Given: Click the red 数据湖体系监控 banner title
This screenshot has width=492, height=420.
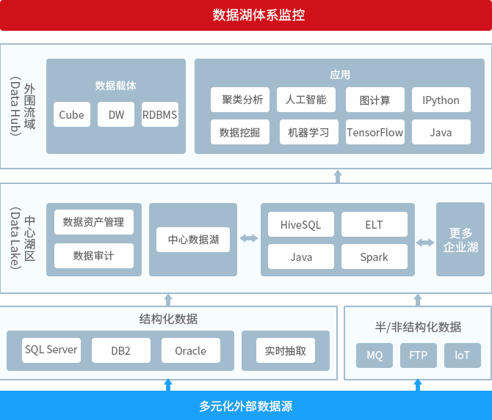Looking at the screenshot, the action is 258,15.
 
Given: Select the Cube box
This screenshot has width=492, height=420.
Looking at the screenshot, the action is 72,114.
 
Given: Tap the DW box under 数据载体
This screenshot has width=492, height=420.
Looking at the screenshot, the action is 116,114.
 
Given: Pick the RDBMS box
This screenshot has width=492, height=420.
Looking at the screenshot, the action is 160,114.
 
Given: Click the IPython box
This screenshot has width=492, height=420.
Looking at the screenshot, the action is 441,100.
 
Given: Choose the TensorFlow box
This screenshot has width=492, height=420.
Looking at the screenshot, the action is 375,132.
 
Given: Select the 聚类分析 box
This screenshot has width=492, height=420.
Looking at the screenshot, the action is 240,100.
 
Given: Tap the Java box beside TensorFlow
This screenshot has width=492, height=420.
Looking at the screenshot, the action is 441,132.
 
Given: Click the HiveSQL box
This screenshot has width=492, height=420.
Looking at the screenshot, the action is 301,224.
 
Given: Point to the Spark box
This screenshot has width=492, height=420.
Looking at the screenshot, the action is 375,257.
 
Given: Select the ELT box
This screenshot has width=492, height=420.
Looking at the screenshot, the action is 375,224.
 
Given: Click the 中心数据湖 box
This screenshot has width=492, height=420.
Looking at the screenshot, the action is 193,240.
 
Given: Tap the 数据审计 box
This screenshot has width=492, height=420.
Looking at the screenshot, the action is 94,256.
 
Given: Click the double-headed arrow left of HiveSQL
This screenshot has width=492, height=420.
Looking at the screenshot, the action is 249,238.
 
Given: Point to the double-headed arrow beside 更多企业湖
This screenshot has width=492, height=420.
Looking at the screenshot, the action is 425,243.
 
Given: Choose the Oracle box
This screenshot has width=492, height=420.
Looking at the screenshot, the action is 191,350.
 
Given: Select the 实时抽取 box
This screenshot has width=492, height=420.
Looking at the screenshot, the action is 286,350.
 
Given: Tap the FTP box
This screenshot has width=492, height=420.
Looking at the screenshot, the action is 419,355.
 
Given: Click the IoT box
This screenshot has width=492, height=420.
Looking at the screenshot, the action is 463,355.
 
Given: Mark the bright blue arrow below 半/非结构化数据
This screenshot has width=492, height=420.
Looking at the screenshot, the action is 418,385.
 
